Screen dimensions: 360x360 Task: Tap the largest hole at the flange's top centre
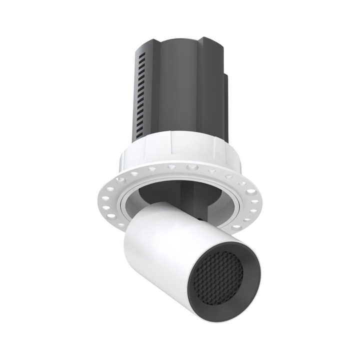click(190, 166)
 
